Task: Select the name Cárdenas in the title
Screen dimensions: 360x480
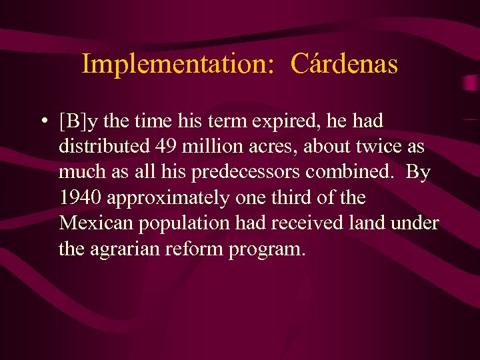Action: tap(345, 64)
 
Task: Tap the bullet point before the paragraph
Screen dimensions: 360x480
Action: tap(43, 122)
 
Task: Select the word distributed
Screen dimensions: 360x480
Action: tap(101, 147)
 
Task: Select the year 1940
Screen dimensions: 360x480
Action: tap(80, 197)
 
